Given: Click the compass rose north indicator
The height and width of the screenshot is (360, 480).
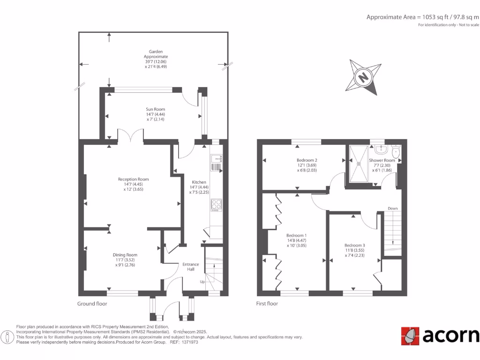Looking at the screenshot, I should click(362, 77).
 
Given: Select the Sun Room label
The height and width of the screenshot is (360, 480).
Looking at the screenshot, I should click(156, 109).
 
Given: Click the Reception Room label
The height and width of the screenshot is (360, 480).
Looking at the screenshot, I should click(133, 179).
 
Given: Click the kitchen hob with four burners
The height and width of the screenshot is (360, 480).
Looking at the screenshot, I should click(217, 204).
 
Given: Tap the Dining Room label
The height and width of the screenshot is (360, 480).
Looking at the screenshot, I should click(125, 255).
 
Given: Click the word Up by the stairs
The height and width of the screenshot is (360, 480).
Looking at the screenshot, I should click(202, 282).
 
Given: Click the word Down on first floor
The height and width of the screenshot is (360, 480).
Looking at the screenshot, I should click(392, 208).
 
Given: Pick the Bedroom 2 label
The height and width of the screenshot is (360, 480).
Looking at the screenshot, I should click(307, 160).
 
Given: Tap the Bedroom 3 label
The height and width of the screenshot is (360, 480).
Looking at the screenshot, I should click(354, 245).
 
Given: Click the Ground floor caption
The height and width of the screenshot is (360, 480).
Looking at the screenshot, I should click(92, 304).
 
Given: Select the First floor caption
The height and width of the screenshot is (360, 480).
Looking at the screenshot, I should click(267, 304).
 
